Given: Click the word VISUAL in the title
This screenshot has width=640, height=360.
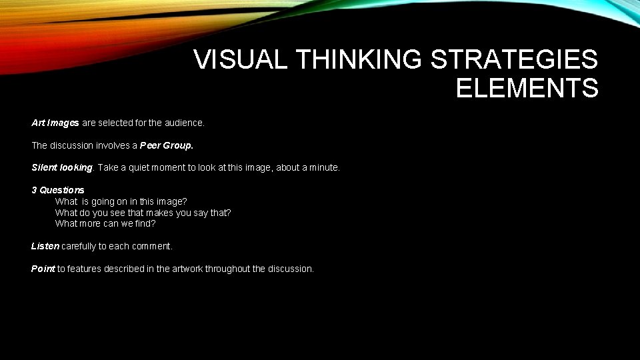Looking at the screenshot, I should (x=241, y=60).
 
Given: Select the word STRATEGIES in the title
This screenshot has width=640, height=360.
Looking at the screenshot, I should (x=515, y=60).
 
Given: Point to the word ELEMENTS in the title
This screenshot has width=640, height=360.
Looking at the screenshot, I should (x=527, y=88).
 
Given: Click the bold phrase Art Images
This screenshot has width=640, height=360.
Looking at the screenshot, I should (x=55, y=123).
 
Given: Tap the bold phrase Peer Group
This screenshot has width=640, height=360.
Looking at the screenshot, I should (x=167, y=145).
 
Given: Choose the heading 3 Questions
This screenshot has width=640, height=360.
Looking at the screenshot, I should (x=58, y=190).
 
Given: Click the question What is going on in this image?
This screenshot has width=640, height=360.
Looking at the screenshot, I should (x=121, y=201).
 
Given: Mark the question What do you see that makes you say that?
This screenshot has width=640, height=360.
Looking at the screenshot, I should (x=143, y=213).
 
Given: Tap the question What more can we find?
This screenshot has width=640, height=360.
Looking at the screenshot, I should (x=105, y=223).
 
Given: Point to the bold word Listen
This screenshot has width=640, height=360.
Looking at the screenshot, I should (x=45, y=246).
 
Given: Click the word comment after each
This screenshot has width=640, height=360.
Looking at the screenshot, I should (x=152, y=246).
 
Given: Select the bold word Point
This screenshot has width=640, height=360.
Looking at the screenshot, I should (x=43, y=269).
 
